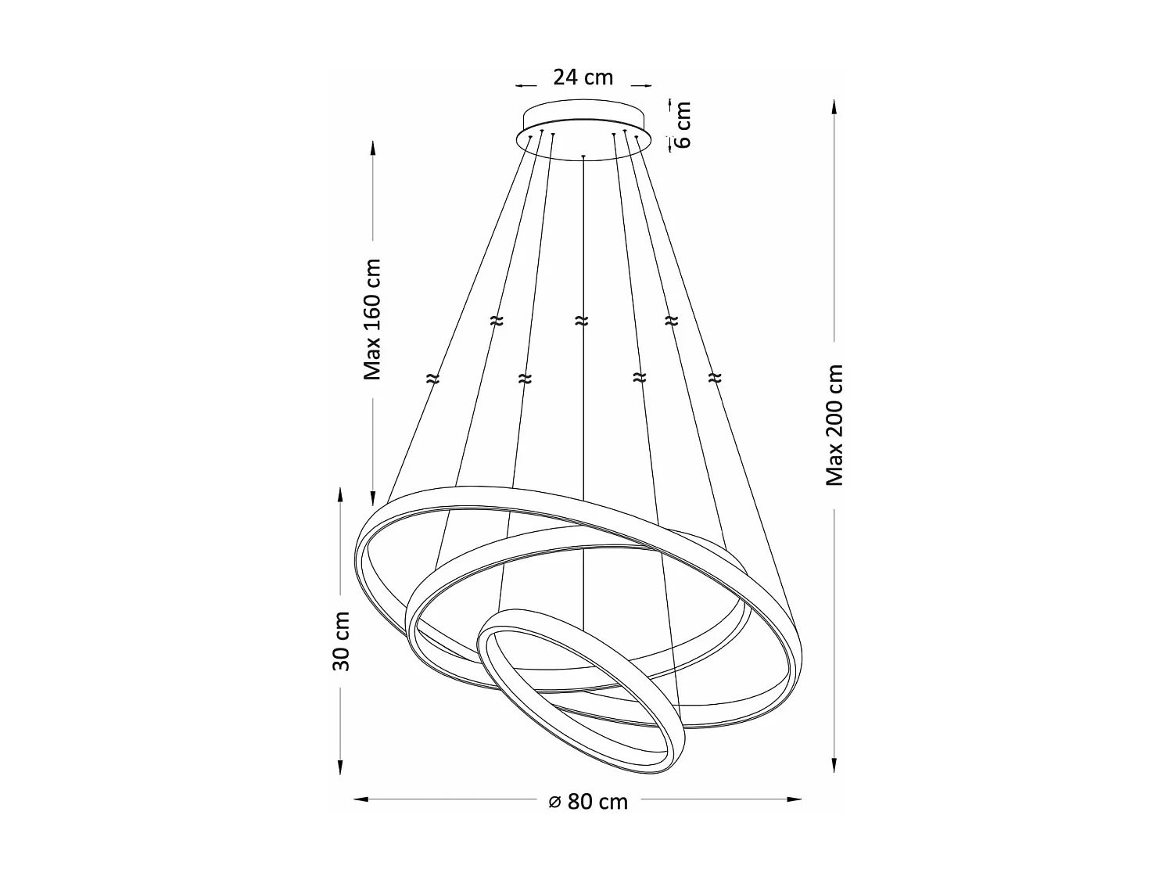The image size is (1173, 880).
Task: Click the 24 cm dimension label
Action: [x=583, y=77]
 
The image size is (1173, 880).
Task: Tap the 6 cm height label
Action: [x=682, y=124]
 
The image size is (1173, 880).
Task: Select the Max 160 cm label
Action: [x=373, y=319]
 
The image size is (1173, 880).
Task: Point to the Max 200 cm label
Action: [x=835, y=425]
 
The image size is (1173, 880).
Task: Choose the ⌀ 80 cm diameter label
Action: [x=588, y=801]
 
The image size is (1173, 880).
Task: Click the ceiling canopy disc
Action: [x=583, y=133]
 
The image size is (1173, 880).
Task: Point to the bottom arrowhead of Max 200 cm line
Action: [x=834, y=766]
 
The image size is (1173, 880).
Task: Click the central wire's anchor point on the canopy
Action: [x=583, y=157]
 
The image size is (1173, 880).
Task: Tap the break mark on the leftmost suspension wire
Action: [x=432, y=379]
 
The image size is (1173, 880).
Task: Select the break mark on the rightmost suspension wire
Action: [x=714, y=379]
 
